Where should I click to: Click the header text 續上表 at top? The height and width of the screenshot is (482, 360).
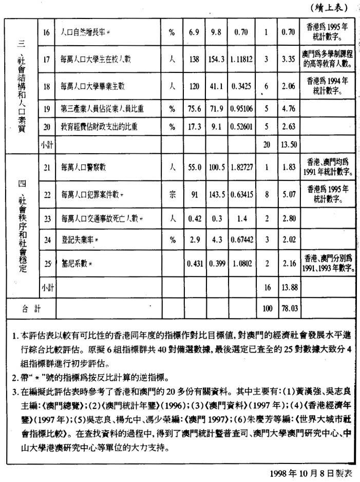coord(331,7)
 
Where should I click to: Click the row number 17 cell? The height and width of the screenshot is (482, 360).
coord(46,59)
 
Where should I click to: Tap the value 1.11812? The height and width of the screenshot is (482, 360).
coord(244,60)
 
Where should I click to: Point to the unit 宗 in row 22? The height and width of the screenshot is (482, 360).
coord(173,195)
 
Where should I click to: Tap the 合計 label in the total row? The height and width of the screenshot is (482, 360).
coord(31,308)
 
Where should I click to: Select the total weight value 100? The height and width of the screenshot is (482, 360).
coord(267,308)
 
